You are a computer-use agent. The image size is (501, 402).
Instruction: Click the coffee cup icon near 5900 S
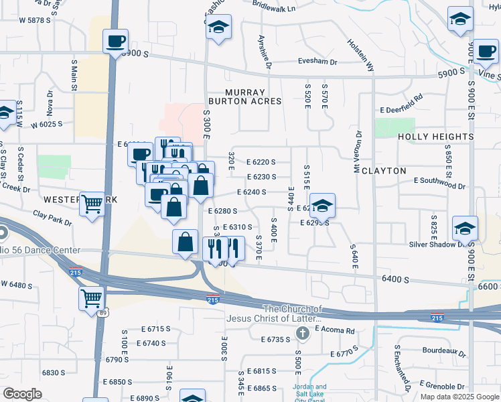click(115, 42)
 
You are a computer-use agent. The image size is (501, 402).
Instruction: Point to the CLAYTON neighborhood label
click(384, 171)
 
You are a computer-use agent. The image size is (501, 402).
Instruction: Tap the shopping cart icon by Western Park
click(92, 204)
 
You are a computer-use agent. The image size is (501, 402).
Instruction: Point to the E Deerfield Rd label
click(401, 103)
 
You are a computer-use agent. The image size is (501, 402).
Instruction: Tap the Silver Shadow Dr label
click(437, 245)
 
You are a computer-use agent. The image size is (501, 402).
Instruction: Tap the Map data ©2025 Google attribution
click(459, 397)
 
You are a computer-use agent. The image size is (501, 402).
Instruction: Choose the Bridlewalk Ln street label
click(275, 7)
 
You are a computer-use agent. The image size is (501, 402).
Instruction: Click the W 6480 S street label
click(16, 285)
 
